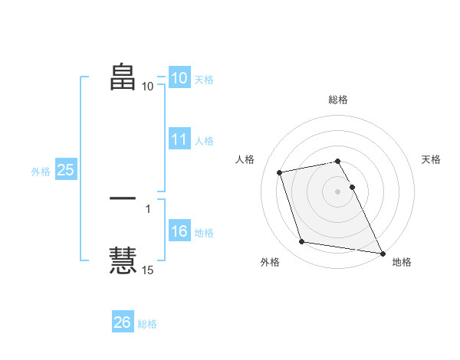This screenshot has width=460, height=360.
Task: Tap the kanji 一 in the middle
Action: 123,198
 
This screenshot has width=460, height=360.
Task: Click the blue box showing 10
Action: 179,78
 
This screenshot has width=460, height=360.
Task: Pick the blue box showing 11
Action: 179,139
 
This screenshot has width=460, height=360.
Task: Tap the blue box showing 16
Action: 179,232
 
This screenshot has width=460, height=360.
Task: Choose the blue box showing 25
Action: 65,170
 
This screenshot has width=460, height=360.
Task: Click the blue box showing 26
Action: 122,322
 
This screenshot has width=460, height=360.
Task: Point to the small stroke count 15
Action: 147,270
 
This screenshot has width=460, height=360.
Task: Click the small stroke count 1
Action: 147,208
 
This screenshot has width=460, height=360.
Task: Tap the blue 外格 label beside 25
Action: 41,172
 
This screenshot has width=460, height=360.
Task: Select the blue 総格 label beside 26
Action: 147,324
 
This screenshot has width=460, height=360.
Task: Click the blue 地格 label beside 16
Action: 204,233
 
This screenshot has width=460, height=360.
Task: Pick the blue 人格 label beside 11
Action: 204,141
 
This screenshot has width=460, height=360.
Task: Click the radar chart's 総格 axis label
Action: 337,100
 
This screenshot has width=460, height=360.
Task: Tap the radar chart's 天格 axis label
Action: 431,159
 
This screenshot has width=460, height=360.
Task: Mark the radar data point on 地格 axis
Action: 382,253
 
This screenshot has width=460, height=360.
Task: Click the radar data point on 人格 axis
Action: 280,172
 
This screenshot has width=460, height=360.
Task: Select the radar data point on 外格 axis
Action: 302,242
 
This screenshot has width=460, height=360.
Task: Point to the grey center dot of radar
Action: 337,191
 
